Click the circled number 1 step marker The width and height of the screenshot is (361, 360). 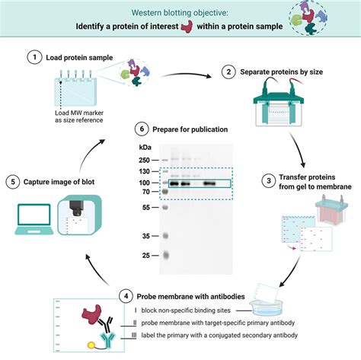(32, 57)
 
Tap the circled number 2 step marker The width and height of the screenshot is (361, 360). (228, 72)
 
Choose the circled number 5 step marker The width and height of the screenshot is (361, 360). (11, 181)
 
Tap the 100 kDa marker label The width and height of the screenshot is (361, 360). (144, 183)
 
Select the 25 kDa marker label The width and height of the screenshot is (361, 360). (145, 256)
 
